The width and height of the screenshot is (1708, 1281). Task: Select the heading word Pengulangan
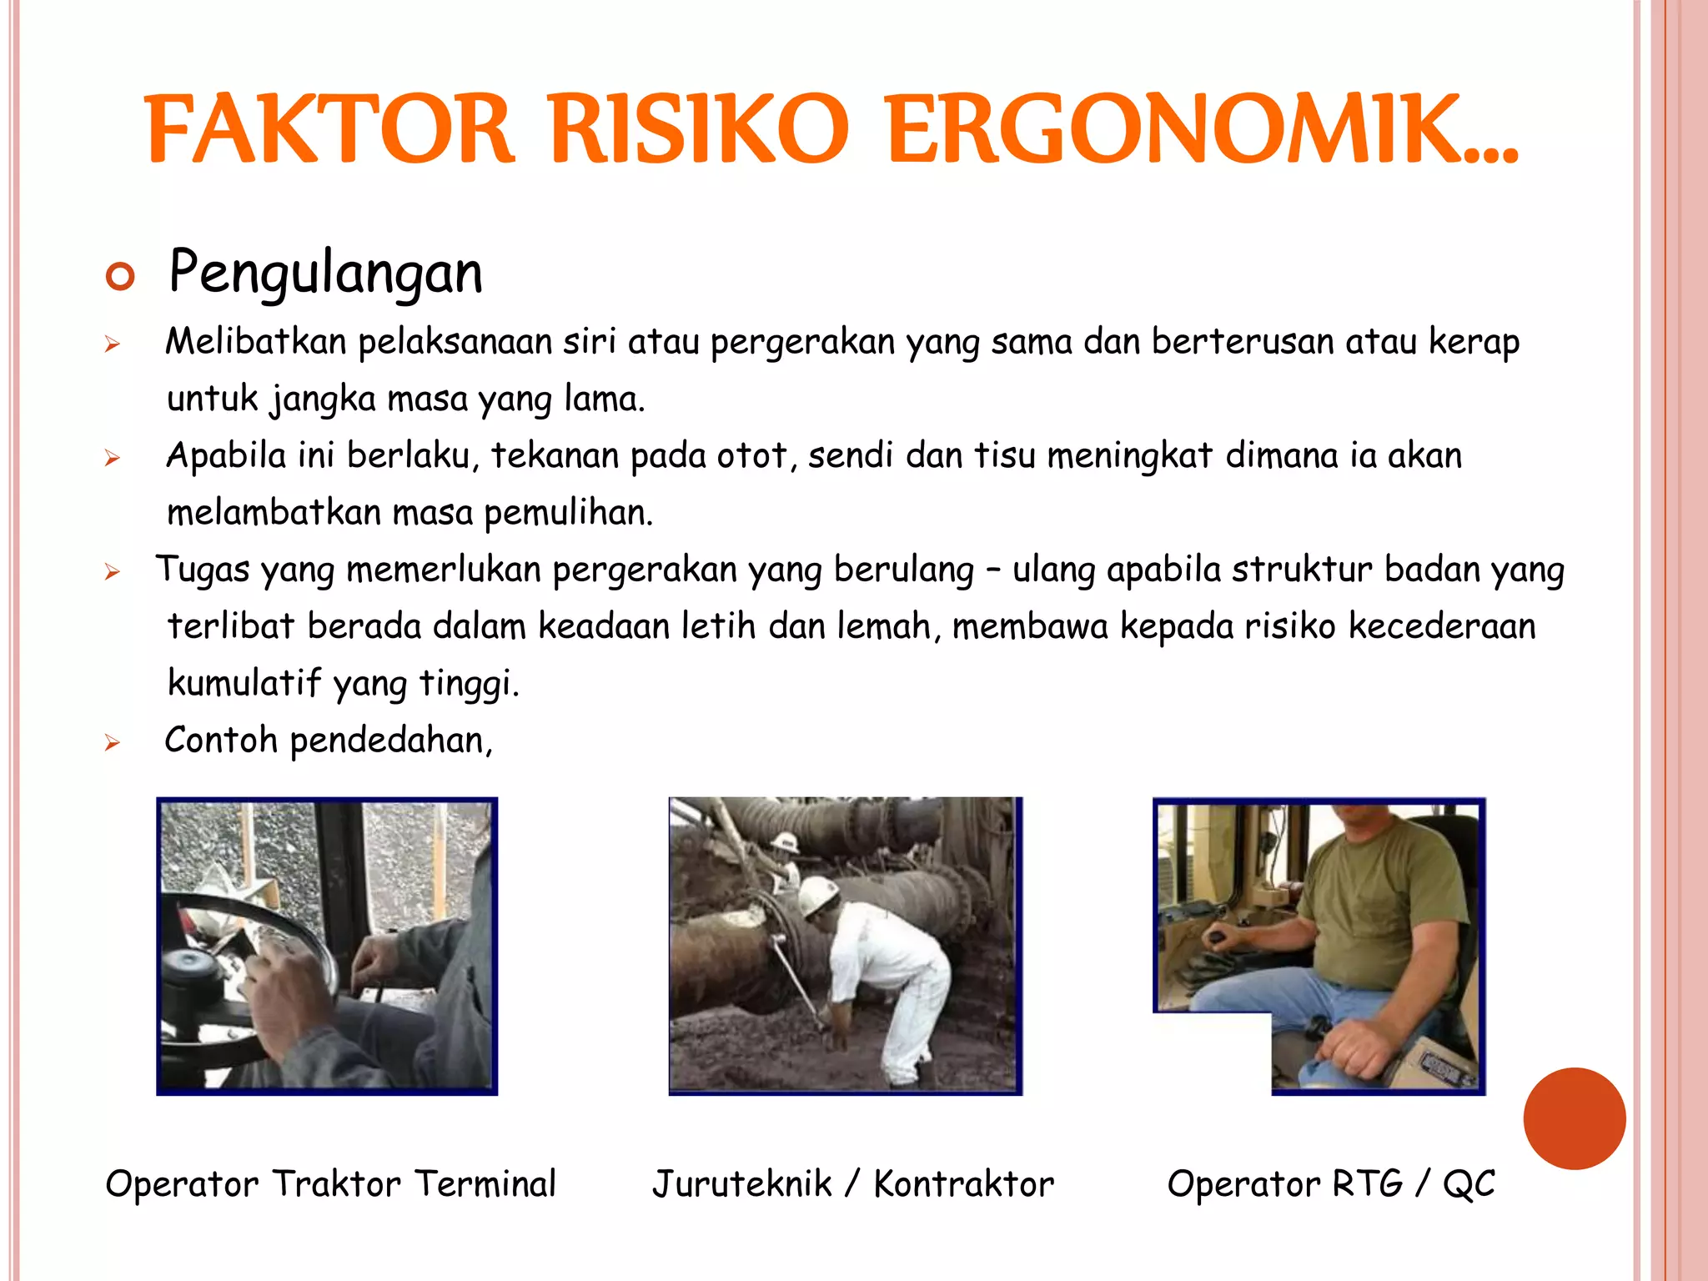coord(325,273)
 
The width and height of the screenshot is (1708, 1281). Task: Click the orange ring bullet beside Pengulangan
coord(120,276)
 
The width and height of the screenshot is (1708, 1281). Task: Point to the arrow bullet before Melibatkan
coord(113,344)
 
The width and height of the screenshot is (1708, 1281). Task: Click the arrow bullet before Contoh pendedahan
coord(113,742)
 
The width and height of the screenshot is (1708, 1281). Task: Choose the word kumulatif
coord(244,683)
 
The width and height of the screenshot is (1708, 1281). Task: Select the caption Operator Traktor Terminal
coord(330,1183)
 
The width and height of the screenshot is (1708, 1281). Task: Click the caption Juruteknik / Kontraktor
coord(852,1183)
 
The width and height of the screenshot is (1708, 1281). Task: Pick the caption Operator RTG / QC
coord(1330,1183)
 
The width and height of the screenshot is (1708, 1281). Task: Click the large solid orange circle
coord(1574,1118)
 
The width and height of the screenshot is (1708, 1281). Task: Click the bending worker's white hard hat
coord(820,894)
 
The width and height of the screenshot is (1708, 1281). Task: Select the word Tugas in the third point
coord(202,570)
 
